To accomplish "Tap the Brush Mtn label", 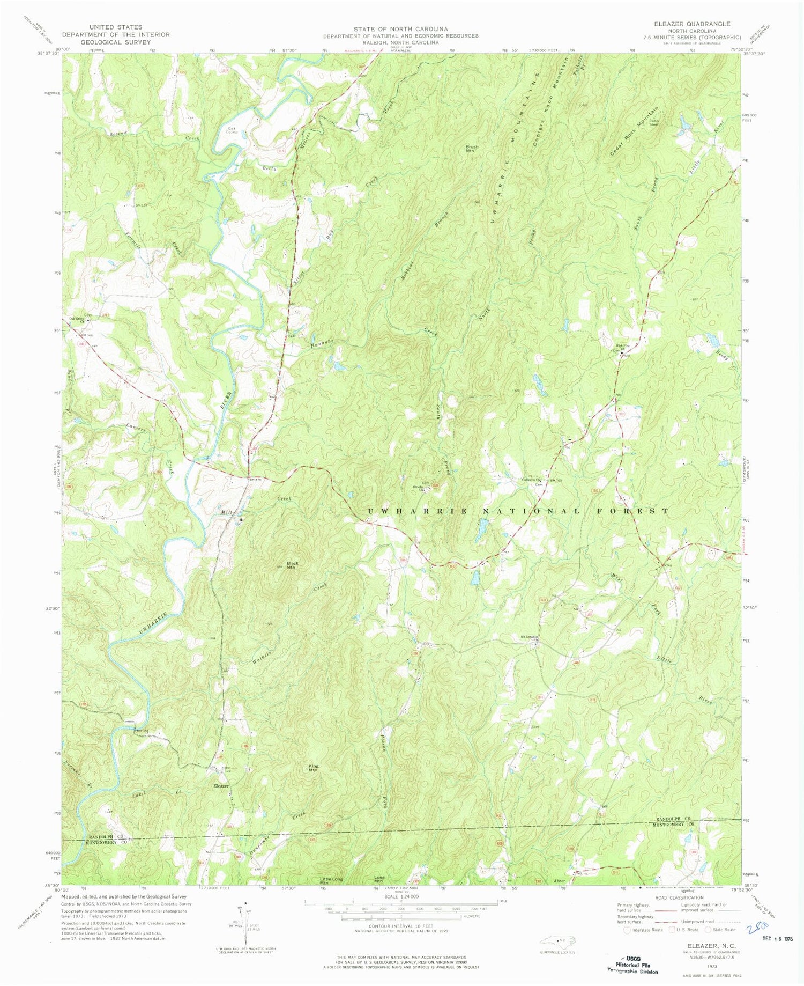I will click(x=472, y=149).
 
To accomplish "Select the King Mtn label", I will click(x=314, y=768).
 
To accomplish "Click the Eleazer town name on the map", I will click(x=221, y=786).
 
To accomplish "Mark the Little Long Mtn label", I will click(x=331, y=880).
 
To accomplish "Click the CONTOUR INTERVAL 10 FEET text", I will click(x=394, y=926).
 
